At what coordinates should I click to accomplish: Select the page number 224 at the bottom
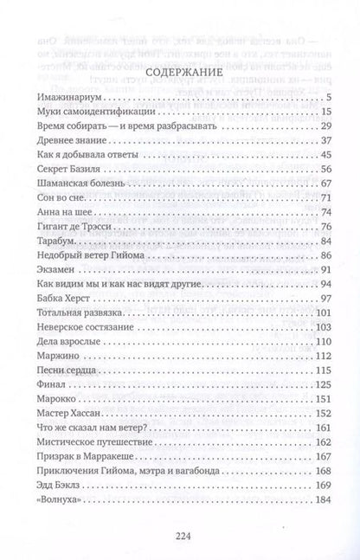pyautogui.click(x=179, y=535)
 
